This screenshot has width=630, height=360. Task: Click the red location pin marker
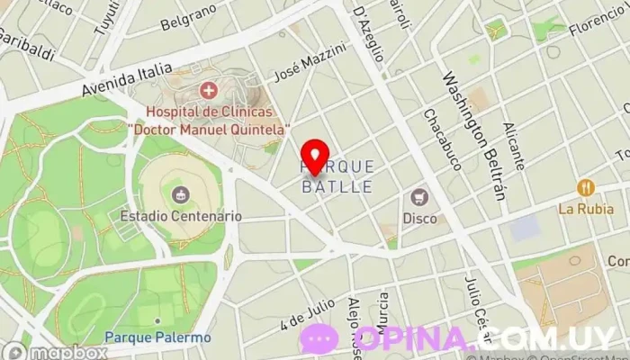(x=314, y=157)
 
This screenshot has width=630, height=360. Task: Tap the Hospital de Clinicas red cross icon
(x=209, y=90)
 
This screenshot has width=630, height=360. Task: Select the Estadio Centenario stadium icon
(x=182, y=193)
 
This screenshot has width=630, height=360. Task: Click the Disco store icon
(x=419, y=197)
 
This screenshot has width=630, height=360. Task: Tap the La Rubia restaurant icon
(x=586, y=188)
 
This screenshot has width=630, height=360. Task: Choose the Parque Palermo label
(x=157, y=337)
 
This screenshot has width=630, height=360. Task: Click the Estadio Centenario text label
(x=181, y=216)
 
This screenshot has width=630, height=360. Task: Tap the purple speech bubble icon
(x=319, y=339)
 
